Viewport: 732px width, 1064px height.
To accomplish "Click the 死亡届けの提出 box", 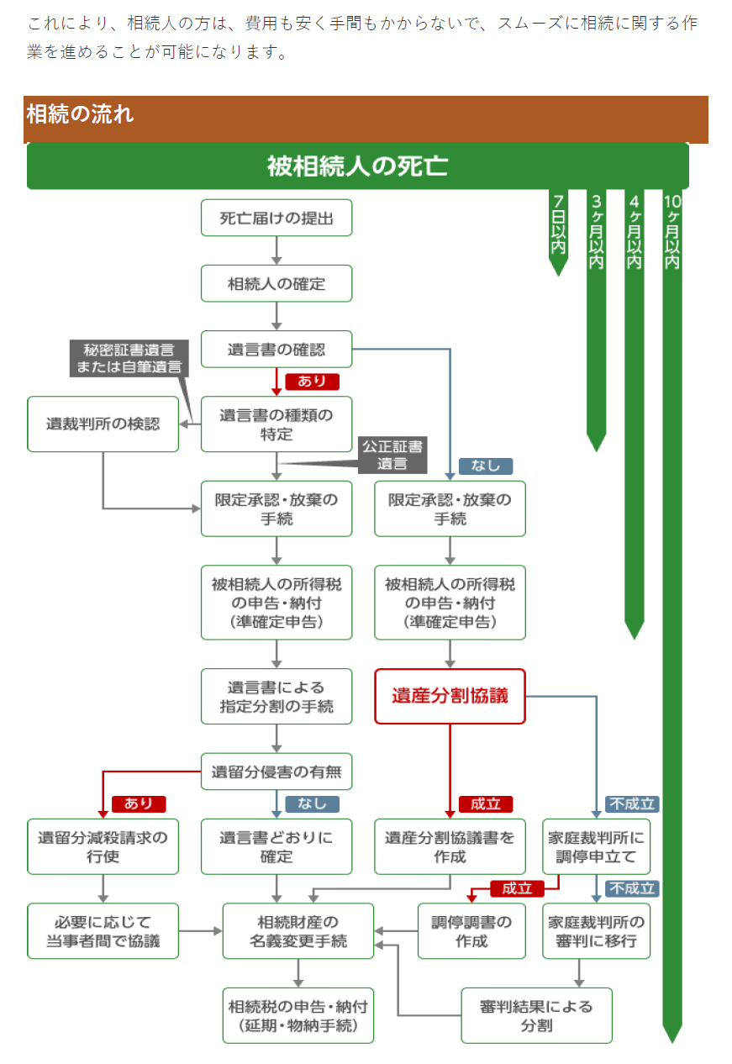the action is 276,218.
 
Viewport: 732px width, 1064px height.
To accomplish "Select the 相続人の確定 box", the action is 276,283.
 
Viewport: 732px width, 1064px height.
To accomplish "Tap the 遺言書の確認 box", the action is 276,349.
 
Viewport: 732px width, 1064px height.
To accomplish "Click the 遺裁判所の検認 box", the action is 103,424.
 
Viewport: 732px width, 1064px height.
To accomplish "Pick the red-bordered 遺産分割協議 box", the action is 450,696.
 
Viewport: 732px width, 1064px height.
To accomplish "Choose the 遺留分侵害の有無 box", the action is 276,772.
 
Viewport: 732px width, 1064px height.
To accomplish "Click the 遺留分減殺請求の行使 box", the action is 103,846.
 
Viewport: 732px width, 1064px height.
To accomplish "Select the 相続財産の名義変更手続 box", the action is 298,931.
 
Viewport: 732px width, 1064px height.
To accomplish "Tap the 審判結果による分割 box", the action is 536,1015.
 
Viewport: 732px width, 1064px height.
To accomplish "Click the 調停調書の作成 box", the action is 471,931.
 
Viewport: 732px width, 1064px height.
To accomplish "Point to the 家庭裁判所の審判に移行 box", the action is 596,931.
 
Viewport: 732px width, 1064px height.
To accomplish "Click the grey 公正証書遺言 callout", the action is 392,455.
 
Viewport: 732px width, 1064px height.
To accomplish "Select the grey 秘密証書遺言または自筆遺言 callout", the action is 129,358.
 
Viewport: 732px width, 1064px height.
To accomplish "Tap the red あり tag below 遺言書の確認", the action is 312,382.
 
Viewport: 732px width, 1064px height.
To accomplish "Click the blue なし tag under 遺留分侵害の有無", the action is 312,803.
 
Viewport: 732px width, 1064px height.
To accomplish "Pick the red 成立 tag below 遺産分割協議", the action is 486,803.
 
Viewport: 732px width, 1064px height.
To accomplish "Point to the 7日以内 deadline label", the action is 558,224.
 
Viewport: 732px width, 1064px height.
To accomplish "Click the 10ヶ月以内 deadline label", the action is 672,231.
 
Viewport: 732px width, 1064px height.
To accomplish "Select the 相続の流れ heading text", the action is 80,114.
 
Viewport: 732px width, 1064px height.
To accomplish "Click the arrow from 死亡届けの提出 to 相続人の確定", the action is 276,250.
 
